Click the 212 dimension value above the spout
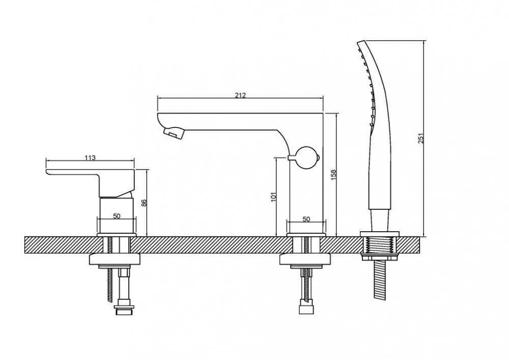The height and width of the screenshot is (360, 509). (x=240, y=95)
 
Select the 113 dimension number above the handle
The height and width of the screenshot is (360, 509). (x=90, y=158)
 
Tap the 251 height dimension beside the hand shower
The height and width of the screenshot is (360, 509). (x=421, y=139)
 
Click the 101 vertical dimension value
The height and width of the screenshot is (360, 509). (x=273, y=197)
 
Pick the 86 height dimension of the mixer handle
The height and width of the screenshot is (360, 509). (x=144, y=203)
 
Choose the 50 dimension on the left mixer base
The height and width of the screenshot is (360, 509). (x=117, y=216)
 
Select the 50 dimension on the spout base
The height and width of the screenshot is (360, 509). (x=306, y=219)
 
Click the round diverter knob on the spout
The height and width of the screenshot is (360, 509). (x=307, y=158)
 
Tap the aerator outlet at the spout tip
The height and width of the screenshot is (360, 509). (x=174, y=132)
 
